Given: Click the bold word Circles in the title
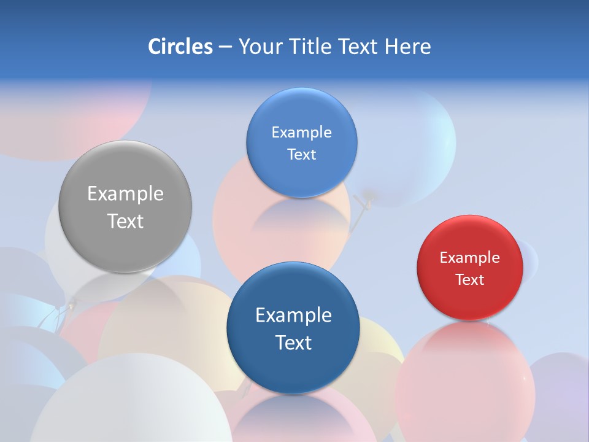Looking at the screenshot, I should click(180, 47).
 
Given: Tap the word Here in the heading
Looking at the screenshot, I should click(407, 47).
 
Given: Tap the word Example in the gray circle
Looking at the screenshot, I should click(125, 194).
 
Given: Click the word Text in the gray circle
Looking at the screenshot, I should click(125, 221).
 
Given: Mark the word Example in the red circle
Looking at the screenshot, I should click(470, 258).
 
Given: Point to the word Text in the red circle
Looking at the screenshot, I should click(470, 280).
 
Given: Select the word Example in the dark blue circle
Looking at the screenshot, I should click(293, 316).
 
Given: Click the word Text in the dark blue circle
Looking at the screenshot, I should click(293, 343).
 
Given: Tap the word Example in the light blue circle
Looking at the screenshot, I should click(301, 133).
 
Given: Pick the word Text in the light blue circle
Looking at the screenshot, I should click(301, 155).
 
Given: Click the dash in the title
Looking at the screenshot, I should click(225, 47).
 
